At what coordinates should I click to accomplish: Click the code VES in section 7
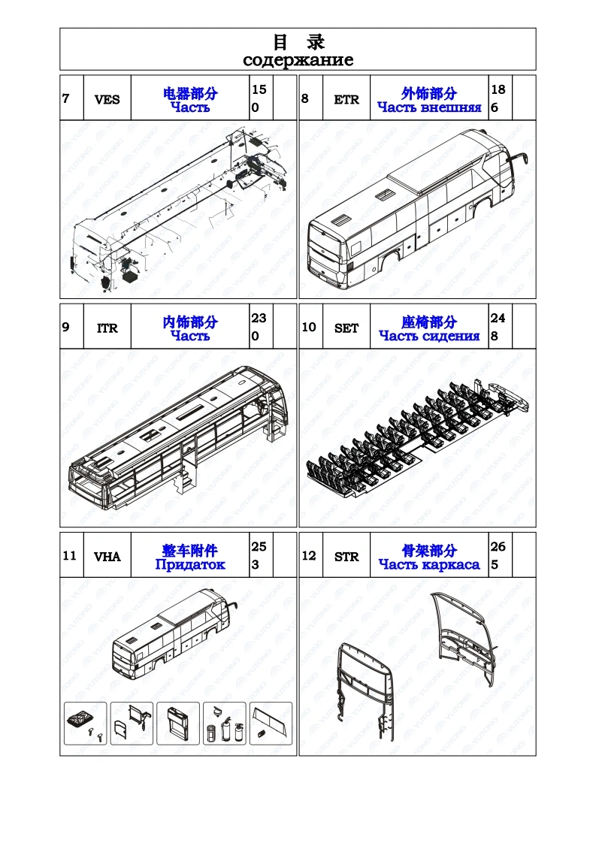tap(107, 99)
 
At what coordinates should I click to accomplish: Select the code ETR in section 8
tap(346, 99)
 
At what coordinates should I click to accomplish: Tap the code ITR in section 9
tap(107, 328)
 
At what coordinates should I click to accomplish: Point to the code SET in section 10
tap(346, 328)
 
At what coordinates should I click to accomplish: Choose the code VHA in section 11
tap(107, 557)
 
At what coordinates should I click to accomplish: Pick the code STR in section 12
tap(346, 557)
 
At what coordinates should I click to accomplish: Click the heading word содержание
tap(298, 59)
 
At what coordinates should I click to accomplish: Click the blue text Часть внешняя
tap(429, 107)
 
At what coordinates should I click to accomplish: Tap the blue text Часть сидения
tap(429, 336)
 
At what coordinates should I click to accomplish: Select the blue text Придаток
tap(190, 564)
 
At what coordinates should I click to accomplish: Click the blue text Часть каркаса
tap(429, 564)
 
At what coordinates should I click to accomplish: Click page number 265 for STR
tap(497, 555)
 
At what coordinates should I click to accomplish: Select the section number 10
tap(309, 328)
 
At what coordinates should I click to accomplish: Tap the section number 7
tap(66, 98)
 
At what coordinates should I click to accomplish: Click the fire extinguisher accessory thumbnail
tap(224, 723)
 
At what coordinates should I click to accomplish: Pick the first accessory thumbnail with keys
tap(85, 723)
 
